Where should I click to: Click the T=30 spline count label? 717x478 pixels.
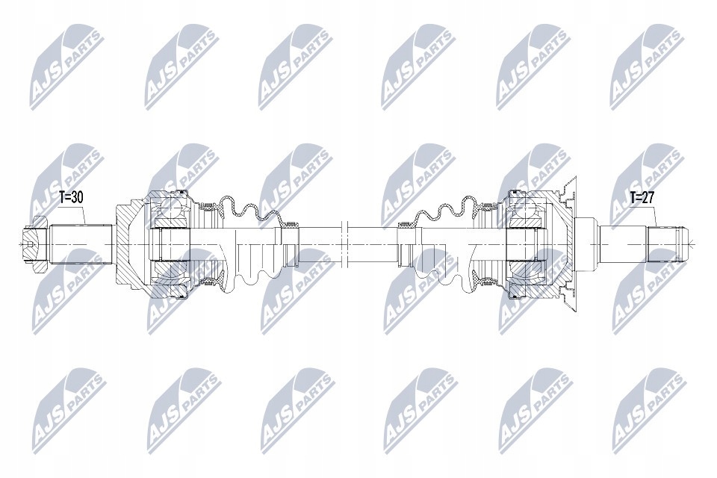pyautogui.click(x=71, y=198)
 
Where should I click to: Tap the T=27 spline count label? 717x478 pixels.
pyautogui.click(x=642, y=198)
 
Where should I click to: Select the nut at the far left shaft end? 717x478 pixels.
pyautogui.click(x=34, y=243)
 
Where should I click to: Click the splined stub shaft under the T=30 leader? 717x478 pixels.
pyautogui.click(x=81, y=243)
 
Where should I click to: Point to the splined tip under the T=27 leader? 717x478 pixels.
pyautogui.click(x=667, y=243)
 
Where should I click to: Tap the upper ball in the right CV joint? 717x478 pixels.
pyautogui.click(x=525, y=208)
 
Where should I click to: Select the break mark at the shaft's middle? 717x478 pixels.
pyautogui.click(x=345, y=243)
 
